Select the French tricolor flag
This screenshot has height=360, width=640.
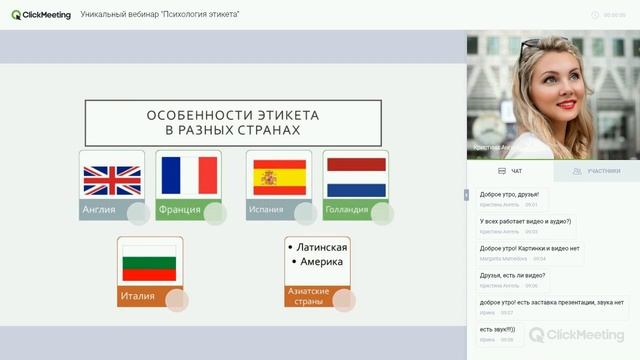point(188,176)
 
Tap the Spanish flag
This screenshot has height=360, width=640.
point(279,177)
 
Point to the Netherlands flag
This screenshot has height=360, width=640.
point(357,177)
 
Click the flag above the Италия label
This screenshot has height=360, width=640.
point(149,264)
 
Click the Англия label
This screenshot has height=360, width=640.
point(100,210)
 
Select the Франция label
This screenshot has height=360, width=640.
point(180,210)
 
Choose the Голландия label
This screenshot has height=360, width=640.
point(346,210)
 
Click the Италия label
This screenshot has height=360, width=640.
point(138,296)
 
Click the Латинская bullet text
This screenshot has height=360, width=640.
point(321,248)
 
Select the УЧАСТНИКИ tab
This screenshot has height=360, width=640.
point(598,171)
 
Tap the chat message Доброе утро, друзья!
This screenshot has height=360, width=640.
point(509,194)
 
